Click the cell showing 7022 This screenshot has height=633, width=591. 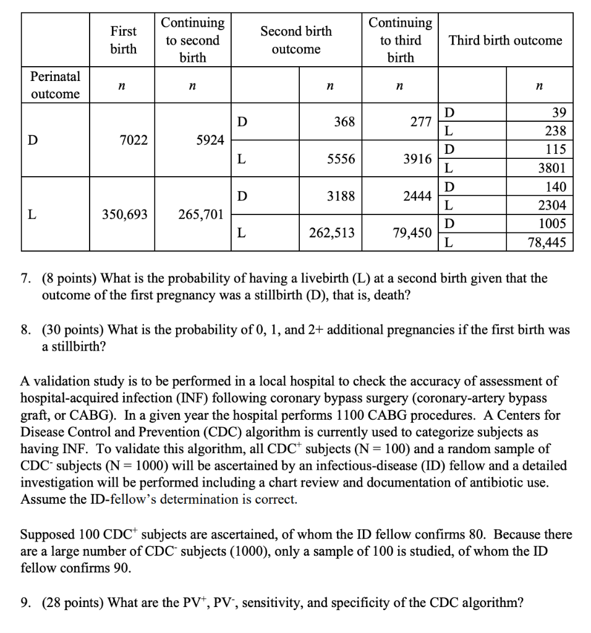[x=133, y=140]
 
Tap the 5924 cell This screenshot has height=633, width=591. [x=210, y=140]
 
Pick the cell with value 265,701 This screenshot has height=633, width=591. [x=200, y=215]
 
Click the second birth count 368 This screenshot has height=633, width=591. [x=344, y=122]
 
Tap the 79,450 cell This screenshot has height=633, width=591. [x=412, y=232]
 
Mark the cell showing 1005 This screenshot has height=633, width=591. [x=552, y=224]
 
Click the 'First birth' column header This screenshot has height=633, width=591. [x=124, y=40]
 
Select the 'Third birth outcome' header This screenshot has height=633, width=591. [x=505, y=40]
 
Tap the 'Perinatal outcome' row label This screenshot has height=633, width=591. [x=55, y=85]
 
